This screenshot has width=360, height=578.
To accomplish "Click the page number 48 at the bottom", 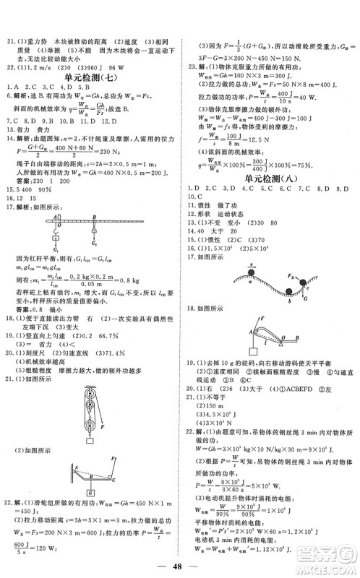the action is [x=179, y=566].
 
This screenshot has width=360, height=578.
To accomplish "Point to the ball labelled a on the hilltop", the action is [x=243, y=274].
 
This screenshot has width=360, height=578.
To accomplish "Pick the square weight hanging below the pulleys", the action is [x=91, y=440].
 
